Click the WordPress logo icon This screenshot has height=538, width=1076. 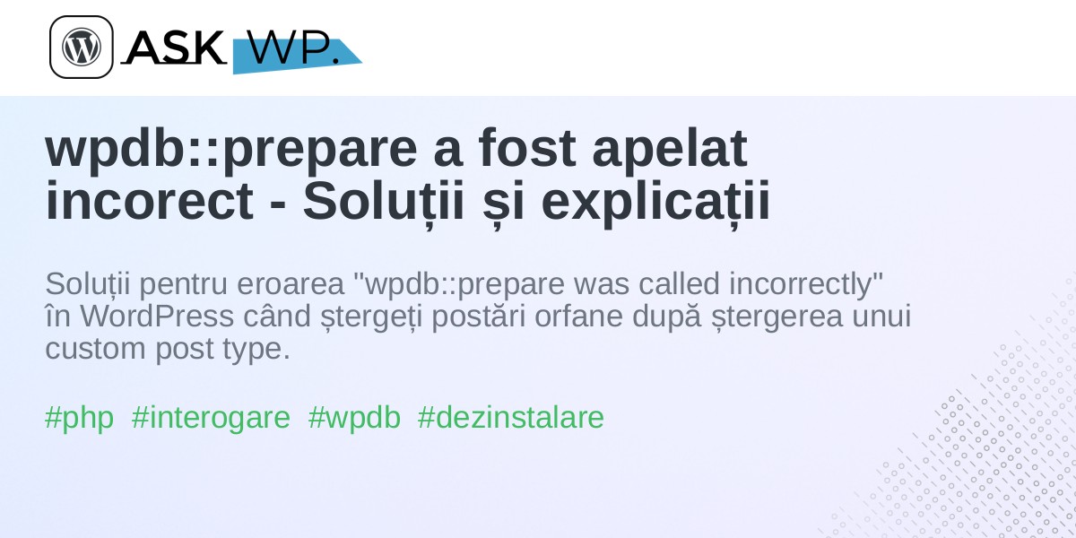point(82,47)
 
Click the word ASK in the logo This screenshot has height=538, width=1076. point(175,47)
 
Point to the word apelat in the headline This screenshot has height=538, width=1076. point(670,150)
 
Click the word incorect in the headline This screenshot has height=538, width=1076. point(149,200)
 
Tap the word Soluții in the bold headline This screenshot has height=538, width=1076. point(384,202)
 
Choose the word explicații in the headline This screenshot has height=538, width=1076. point(655,203)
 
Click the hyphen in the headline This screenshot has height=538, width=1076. point(278,204)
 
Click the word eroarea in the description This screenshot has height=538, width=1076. point(291,284)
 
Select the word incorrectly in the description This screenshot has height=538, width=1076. point(806,285)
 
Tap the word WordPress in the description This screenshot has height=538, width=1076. point(157,316)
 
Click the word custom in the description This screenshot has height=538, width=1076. point(95,349)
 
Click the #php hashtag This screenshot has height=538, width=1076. point(79,418)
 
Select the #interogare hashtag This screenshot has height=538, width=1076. point(211,418)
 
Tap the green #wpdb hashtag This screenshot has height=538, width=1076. point(354,418)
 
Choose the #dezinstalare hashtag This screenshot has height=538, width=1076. point(510,417)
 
